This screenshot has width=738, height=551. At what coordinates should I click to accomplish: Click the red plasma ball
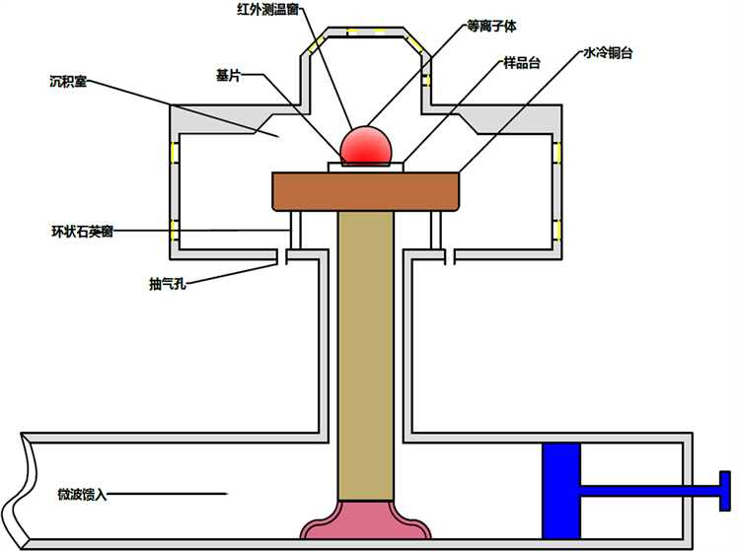(x=367, y=145)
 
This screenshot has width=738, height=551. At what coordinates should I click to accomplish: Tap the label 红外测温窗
(x=260, y=11)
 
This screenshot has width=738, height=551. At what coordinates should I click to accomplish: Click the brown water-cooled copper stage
(x=366, y=191)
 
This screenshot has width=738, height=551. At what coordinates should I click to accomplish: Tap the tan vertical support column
(x=366, y=355)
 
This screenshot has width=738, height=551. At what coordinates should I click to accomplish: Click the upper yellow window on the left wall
(x=176, y=154)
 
